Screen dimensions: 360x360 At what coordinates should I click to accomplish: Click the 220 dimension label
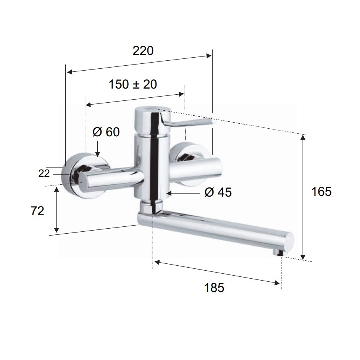pyautogui.click(x=143, y=51)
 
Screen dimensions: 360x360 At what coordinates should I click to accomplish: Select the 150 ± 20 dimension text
pyautogui.click(x=133, y=84)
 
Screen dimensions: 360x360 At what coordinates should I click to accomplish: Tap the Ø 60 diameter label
pyautogui.click(x=106, y=132)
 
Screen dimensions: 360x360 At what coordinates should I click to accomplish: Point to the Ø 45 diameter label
pyautogui.click(x=218, y=192)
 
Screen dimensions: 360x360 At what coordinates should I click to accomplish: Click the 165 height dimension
pyautogui.click(x=321, y=191)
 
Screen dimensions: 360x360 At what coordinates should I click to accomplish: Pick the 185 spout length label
pyautogui.click(x=214, y=287)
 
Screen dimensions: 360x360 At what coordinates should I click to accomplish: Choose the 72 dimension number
pyautogui.click(x=37, y=211)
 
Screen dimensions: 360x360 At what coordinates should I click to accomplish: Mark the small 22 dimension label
pyautogui.click(x=44, y=173)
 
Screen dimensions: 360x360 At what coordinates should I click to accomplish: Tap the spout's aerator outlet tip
pyautogui.click(x=279, y=253)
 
